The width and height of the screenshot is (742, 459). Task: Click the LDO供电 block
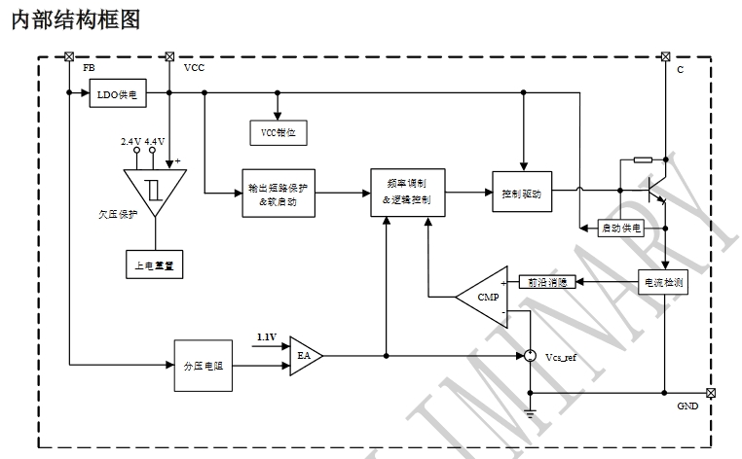point(120,94)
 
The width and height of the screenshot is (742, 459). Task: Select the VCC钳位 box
point(278,129)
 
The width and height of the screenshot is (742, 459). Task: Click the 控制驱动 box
point(522,193)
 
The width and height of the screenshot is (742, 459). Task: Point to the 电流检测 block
point(664,283)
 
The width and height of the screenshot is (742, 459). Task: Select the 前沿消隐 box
point(547,282)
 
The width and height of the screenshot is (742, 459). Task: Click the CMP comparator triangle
point(487,296)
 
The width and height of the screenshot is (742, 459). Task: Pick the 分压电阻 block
point(204,365)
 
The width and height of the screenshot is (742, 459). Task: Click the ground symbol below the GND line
point(530,414)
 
